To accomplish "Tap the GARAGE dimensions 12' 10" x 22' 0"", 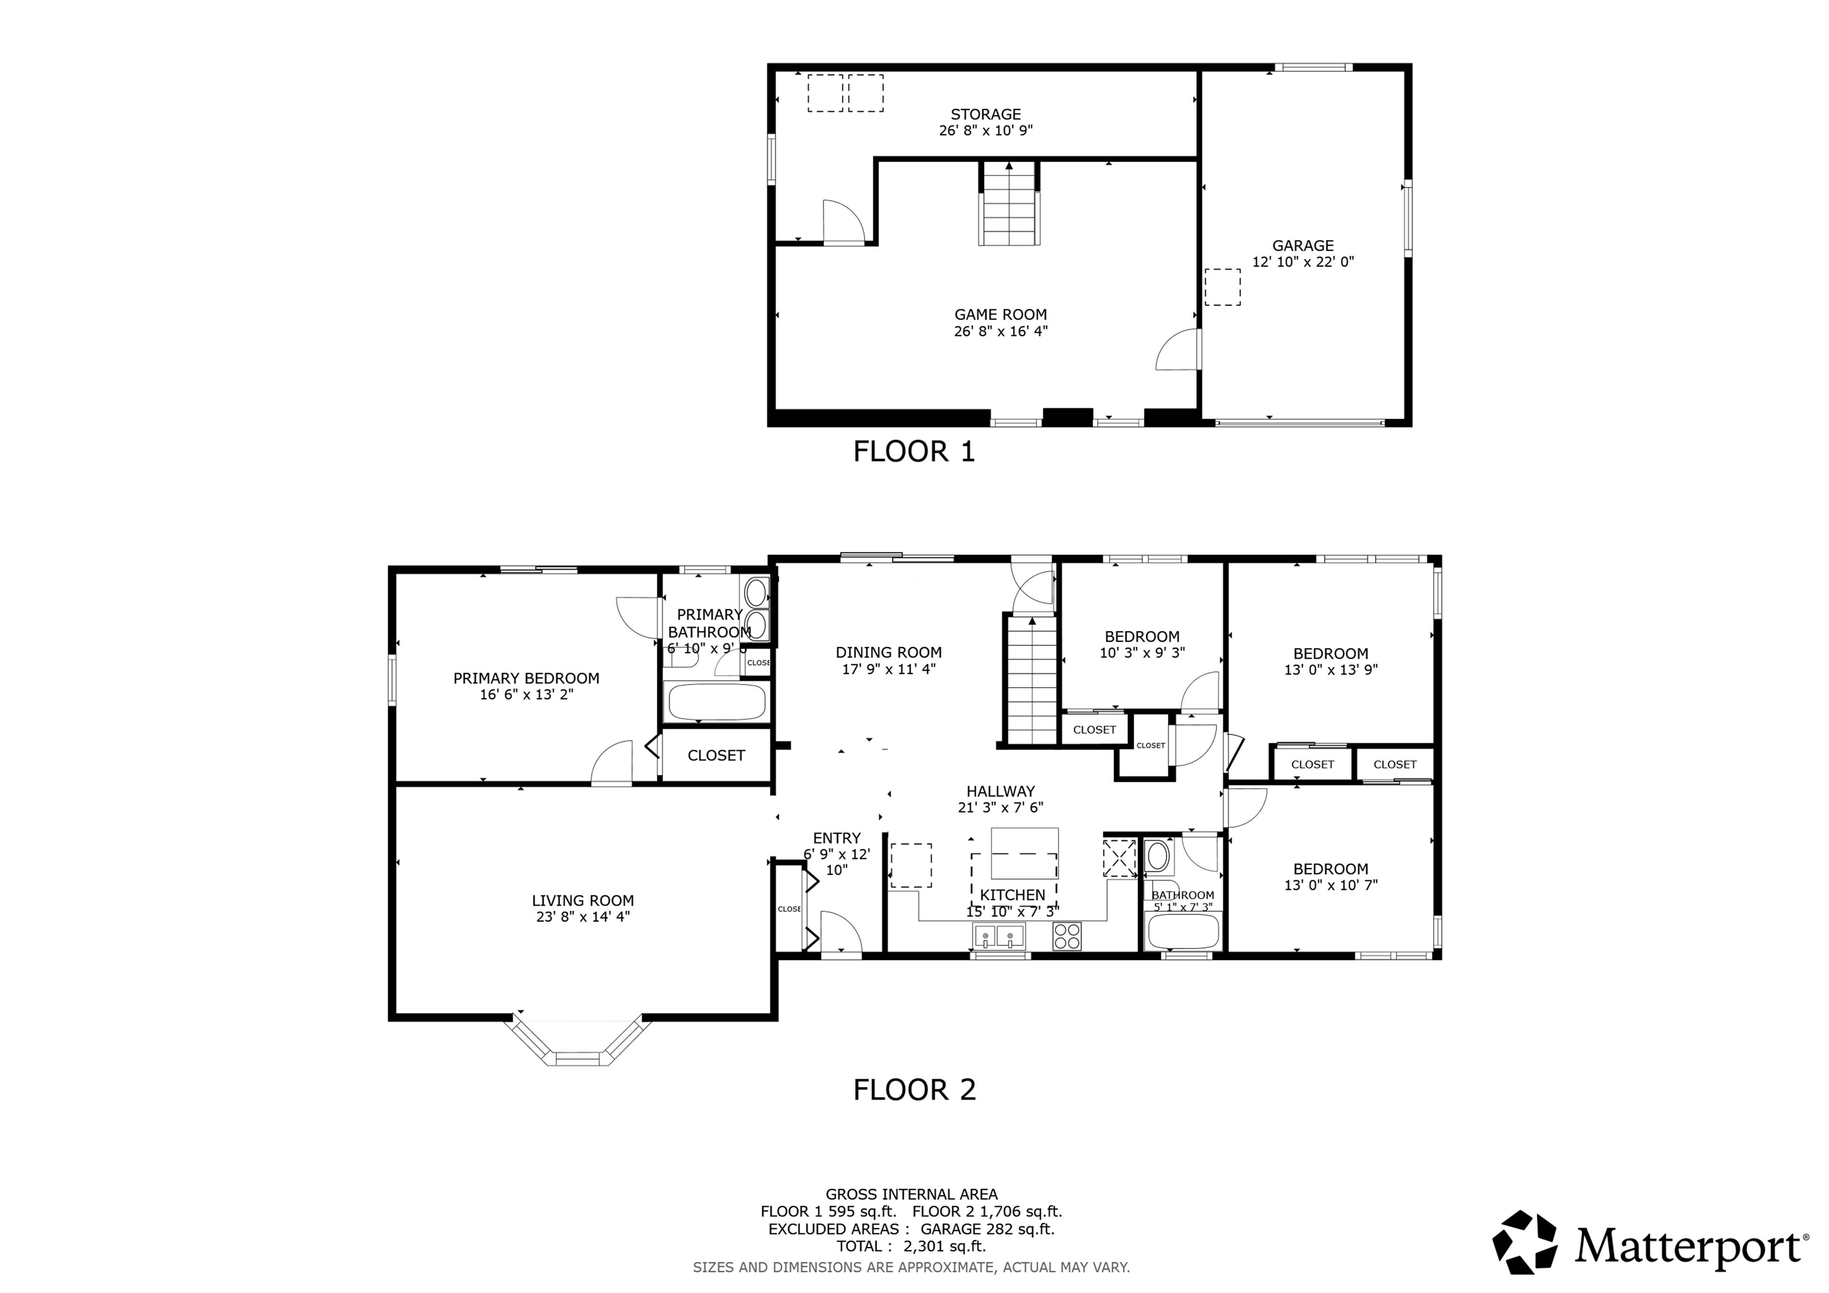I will (1303, 262).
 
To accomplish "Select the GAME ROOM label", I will (1001, 315).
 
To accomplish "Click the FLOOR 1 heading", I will (914, 452).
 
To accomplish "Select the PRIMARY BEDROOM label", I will (526, 678).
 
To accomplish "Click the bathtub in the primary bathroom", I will (716, 702).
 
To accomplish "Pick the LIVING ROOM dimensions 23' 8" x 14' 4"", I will (582, 917).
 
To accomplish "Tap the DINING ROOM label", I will (888, 652).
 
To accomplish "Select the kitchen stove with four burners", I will (1067, 935).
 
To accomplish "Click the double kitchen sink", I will (998, 936).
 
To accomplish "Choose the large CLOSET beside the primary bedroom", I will (716, 755).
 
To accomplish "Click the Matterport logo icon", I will (1524, 1244).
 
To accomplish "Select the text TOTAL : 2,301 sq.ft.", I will (912, 1247).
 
